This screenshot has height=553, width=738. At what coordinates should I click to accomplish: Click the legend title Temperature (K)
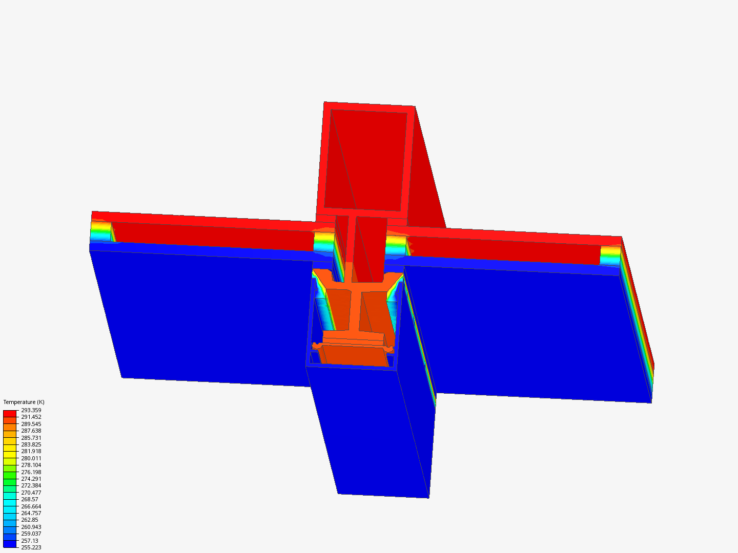coord(24,402)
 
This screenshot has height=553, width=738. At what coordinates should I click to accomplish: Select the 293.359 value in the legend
coord(31,410)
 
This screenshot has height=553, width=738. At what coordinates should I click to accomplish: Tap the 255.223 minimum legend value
coord(31,547)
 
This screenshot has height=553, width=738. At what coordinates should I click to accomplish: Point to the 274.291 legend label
coord(31,479)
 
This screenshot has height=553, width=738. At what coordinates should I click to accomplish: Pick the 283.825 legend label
coord(31,444)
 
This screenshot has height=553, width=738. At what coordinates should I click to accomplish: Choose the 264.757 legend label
coord(31,513)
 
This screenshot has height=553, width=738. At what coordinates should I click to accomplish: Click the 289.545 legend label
coord(31,424)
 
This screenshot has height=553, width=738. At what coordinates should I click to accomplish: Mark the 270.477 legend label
coord(31,493)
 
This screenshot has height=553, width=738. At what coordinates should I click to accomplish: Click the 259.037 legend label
coord(31,534)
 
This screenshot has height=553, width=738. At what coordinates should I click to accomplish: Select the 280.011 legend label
coord(31,458)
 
